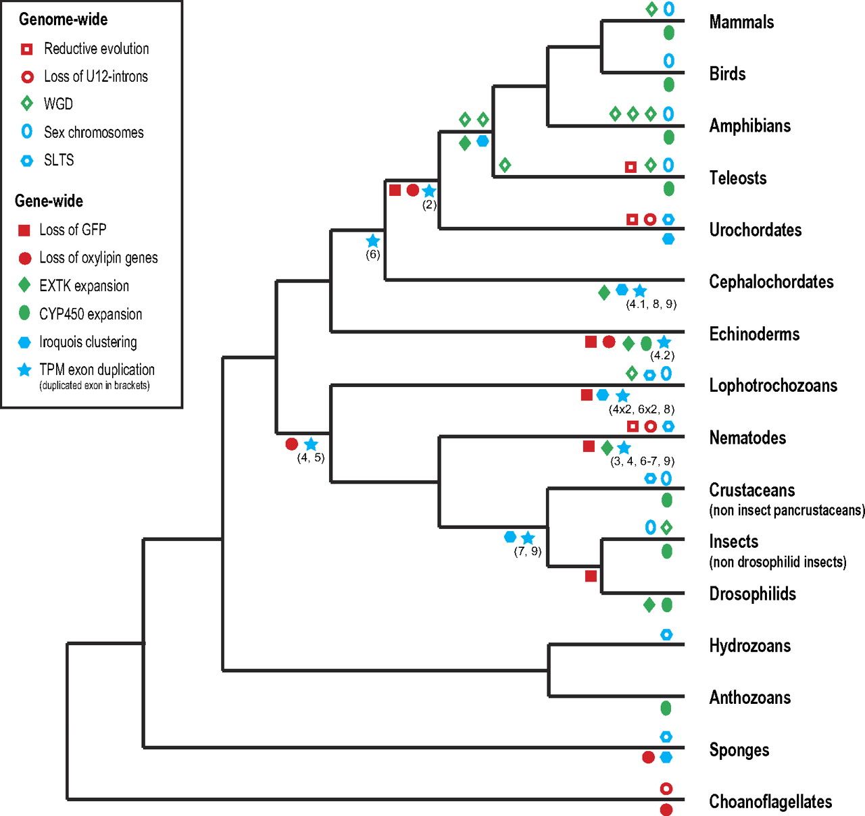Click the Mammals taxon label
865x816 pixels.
point(741,22)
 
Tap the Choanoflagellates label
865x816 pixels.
point(770,802)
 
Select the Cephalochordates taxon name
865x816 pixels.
point(771,282)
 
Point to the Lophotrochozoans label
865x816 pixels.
point(773,386)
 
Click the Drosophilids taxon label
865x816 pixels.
point(752,594)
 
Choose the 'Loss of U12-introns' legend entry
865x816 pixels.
point(95,76)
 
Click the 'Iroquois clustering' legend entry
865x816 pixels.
point(88,342)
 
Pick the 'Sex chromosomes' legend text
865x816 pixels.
point(93,132)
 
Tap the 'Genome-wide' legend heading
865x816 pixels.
point(63,19)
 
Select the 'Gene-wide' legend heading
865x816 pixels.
point(49,201)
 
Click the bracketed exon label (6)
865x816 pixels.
point(373,255)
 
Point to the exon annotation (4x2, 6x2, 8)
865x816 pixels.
point(641,409)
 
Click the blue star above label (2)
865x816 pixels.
point(429,190)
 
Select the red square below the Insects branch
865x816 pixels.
point(591,576)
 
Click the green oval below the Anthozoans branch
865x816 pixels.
point(666,708)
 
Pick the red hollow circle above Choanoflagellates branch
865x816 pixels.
point(666,788)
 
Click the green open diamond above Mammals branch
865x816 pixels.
point(651,9)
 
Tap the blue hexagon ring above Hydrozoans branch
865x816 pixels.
point(666,634)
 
